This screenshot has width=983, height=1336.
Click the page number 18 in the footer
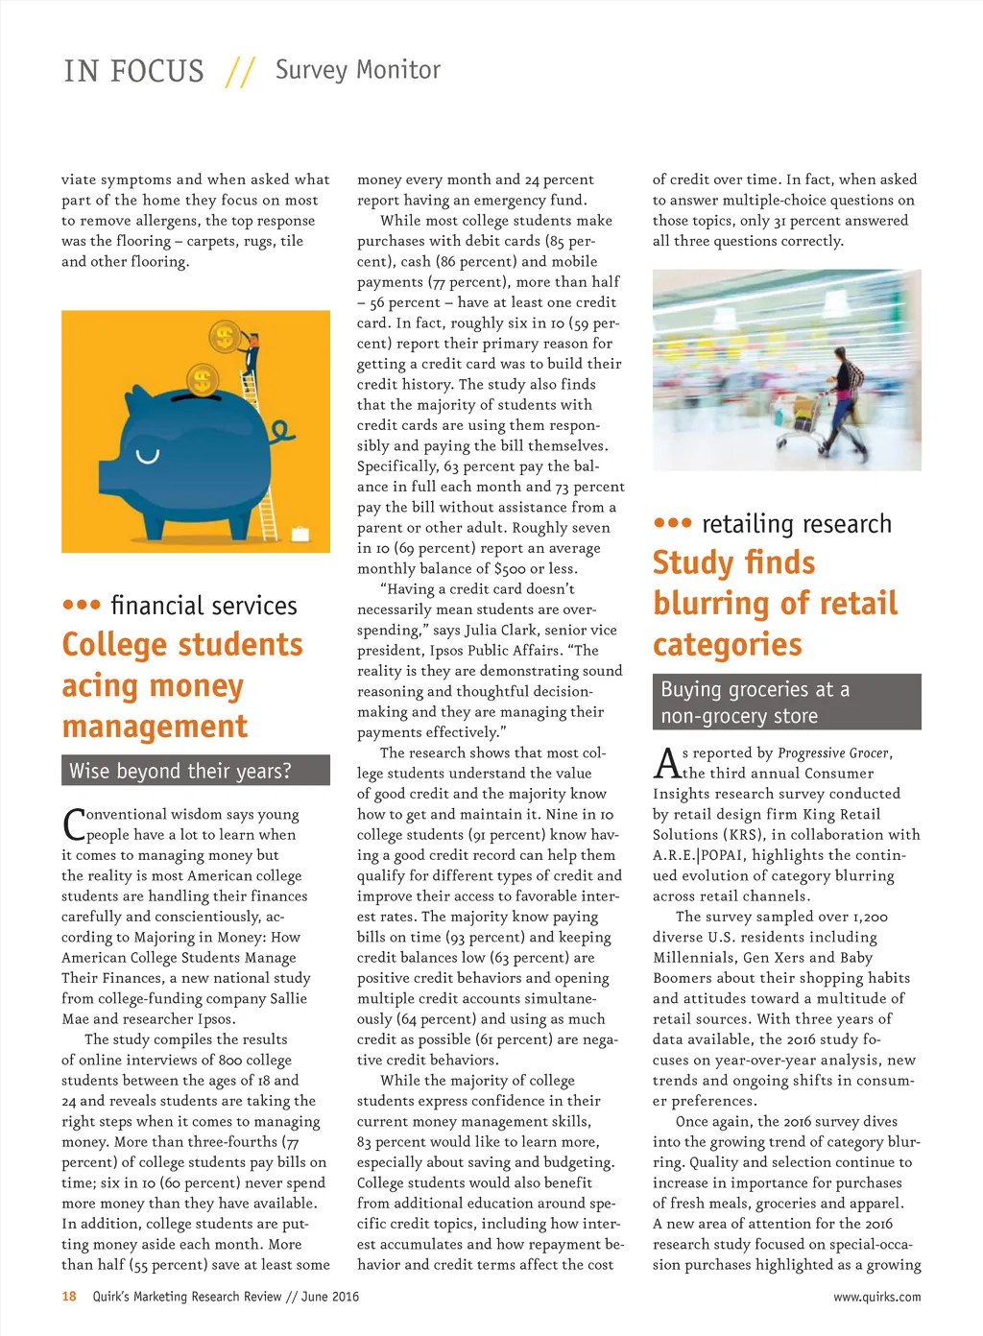69,1297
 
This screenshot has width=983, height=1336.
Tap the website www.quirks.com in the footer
876,1297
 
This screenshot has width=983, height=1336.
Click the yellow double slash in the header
240,72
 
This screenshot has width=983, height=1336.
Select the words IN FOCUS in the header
133,72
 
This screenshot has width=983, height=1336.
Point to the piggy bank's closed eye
147,456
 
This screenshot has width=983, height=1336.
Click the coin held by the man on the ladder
225,337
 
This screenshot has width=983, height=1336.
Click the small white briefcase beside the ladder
300,534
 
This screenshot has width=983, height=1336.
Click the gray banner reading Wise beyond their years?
195,771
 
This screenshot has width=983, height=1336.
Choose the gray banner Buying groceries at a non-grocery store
786,702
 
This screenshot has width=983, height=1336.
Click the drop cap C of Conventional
73,824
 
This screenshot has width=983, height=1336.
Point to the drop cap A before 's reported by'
666,763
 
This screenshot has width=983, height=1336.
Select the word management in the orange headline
155,727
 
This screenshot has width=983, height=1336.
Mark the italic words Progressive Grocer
833,753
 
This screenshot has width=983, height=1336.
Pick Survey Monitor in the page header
357,70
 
